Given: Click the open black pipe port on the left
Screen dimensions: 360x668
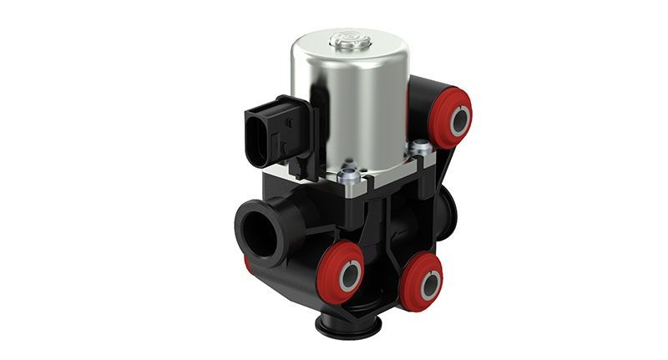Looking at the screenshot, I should point(258,226).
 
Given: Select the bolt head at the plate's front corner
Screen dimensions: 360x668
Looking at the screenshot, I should point(350,178).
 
